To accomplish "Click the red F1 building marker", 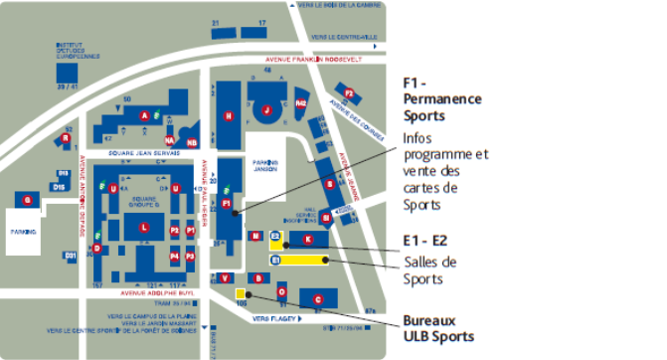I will coord(227,204).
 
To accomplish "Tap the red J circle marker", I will coord(266,108).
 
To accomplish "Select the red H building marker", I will coord(229,116).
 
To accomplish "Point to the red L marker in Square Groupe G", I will coord(144,228).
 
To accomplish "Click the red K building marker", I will coord(308,240).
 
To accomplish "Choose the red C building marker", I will coord(318,298).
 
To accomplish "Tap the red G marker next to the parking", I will coord(28,201).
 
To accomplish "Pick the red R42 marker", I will coord(301,102).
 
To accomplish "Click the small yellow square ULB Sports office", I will coord(241,294).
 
